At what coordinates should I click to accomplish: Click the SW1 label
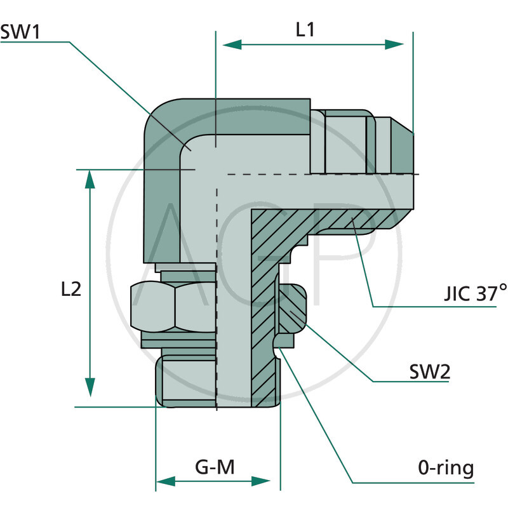coord(20,32)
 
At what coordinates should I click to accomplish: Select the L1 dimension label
coord(306,30)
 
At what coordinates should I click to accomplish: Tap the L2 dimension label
coord(71,290)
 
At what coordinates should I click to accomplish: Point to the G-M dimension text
coord(215,468)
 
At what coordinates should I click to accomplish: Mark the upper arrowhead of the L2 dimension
coord(90,180)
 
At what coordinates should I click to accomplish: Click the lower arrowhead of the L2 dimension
coord(90,387)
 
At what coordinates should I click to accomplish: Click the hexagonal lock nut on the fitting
coord(173,306)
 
